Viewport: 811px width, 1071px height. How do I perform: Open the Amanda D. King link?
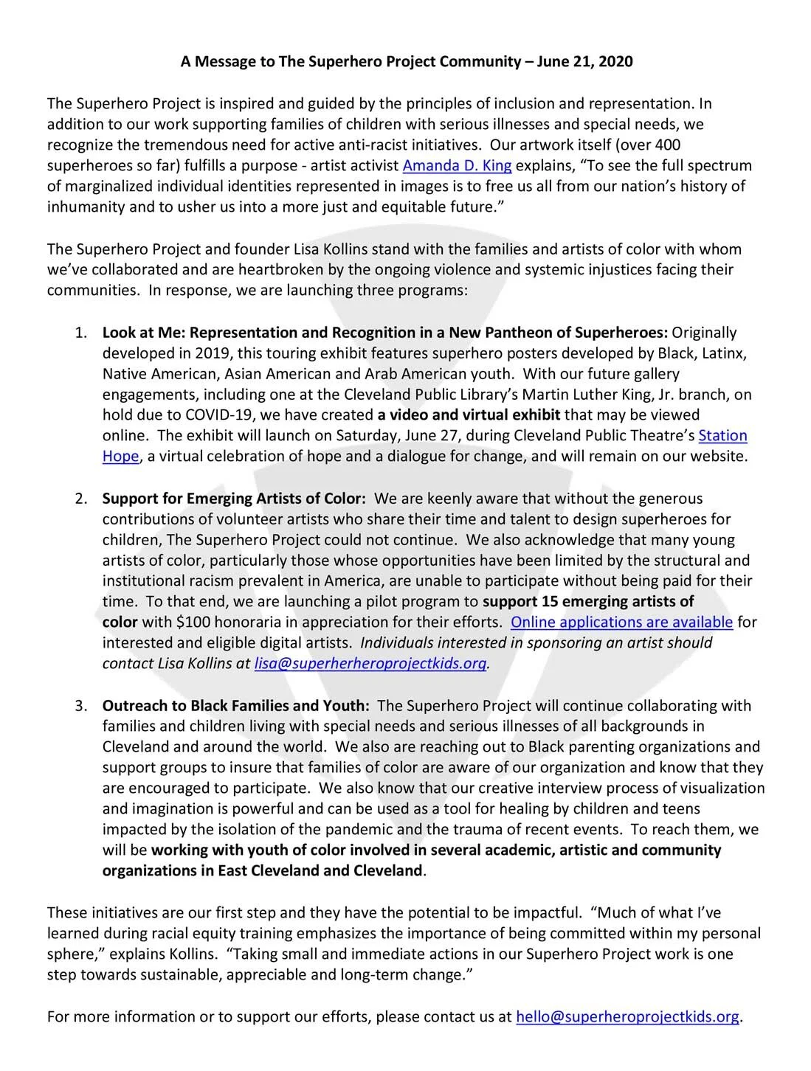pos(457,165)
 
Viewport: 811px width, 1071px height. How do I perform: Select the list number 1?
pos(80,333)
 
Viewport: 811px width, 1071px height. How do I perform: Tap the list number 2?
pos(80,499)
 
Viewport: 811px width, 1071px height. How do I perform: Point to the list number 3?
pos(80,706)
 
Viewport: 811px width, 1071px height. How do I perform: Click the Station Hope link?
pos(722,436)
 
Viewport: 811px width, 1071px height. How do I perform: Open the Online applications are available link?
pos(621,622)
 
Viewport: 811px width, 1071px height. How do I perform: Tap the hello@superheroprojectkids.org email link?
pos(627,1017)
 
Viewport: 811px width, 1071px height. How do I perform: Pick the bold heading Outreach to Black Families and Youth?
pos(236,706)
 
